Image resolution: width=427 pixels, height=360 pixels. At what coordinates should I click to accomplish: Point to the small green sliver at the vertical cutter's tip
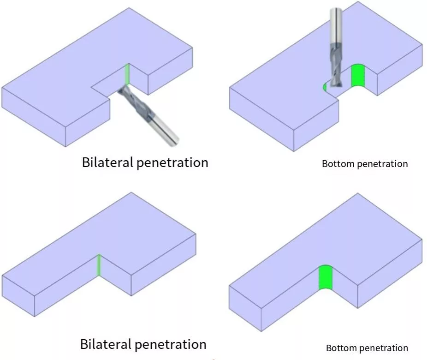[325, 87]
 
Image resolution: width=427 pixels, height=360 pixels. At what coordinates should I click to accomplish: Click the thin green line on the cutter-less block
[99, 265]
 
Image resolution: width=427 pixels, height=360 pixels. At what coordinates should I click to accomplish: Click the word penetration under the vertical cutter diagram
[381, 164]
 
